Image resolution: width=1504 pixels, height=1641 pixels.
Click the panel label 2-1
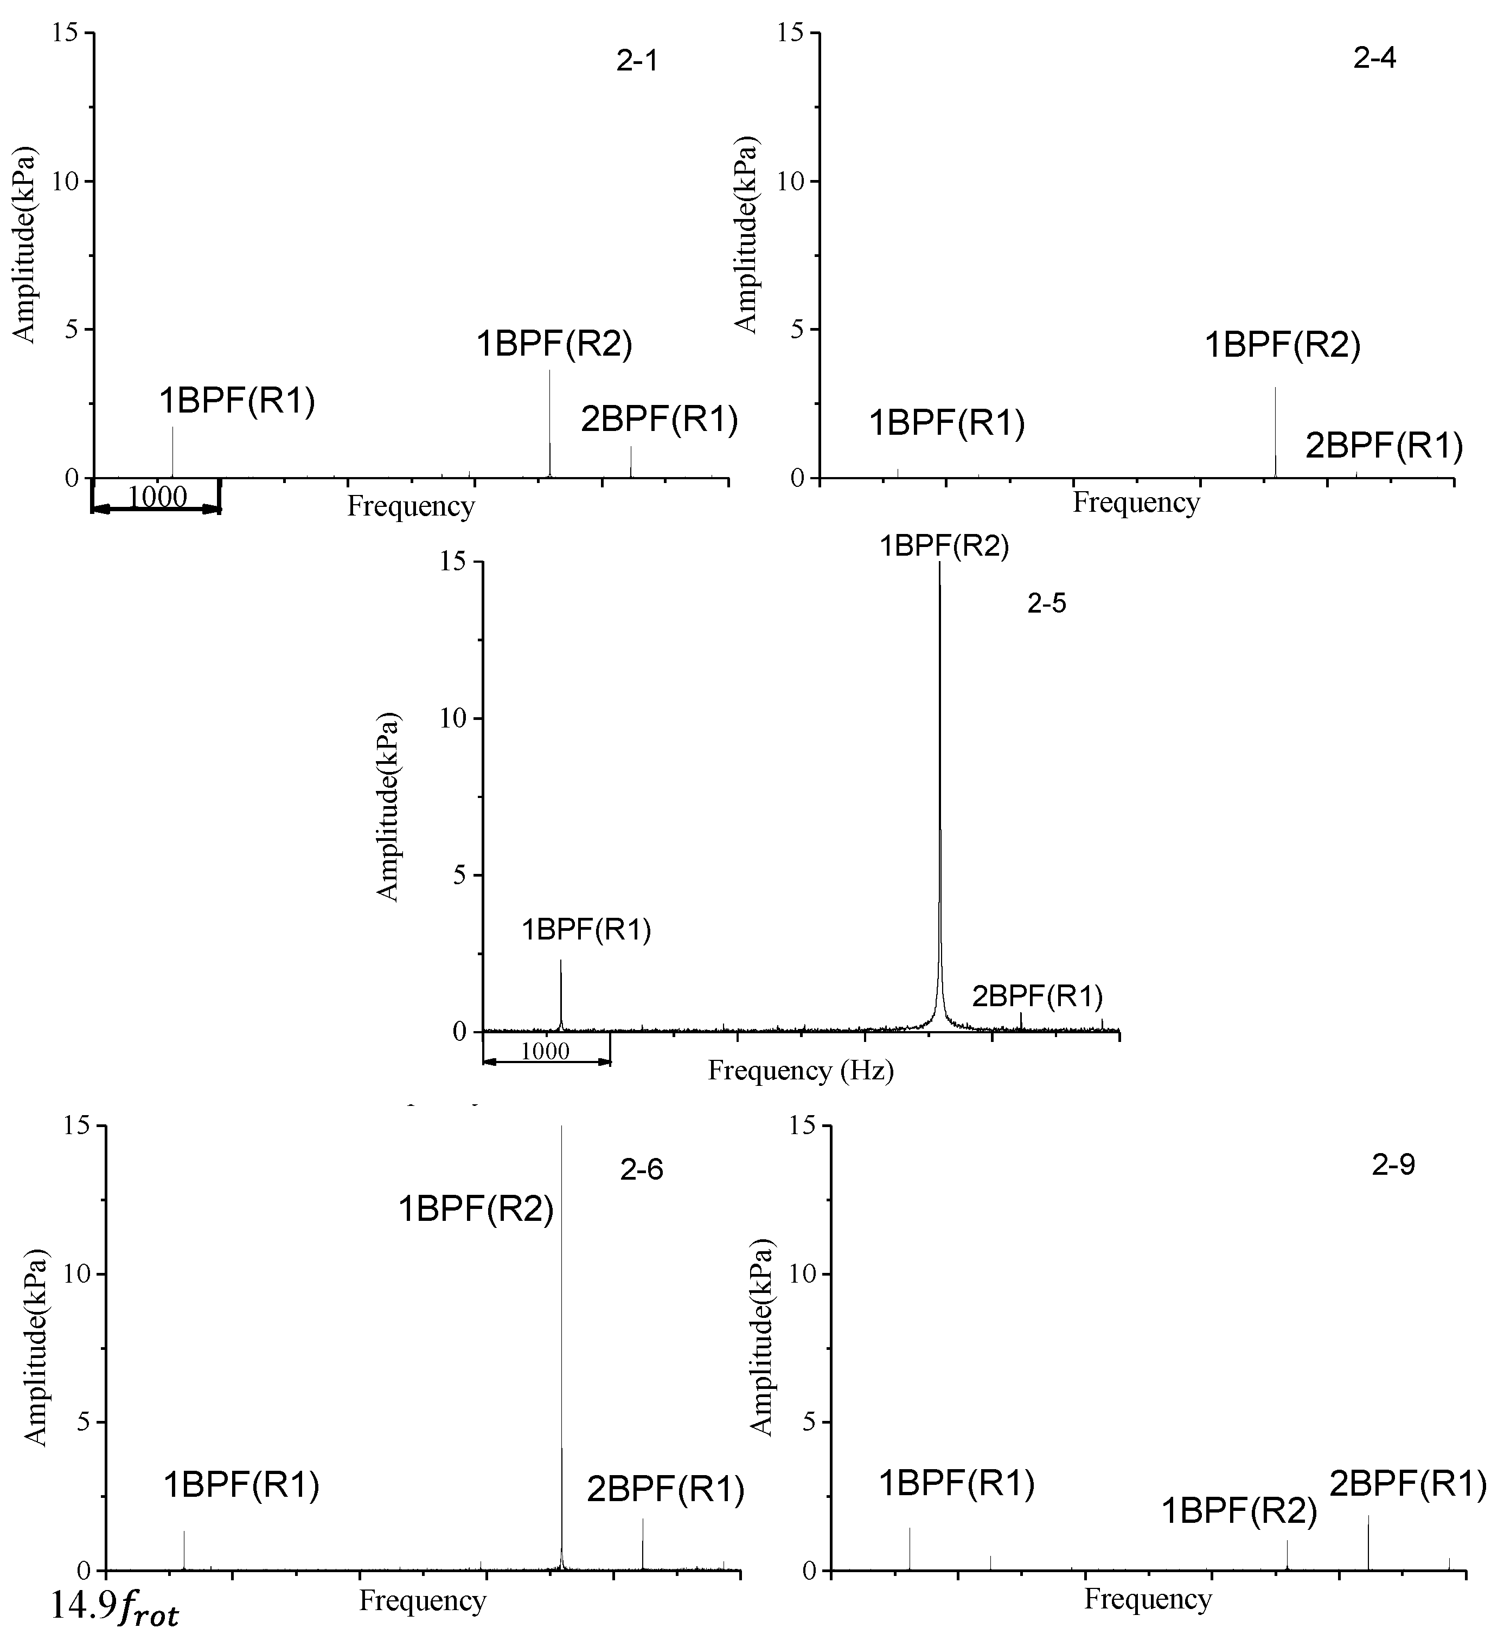click(x=637, y=62)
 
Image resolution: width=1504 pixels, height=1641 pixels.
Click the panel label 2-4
click(x=1374, y=59)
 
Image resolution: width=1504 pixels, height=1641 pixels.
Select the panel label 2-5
click(x=1046, y=603)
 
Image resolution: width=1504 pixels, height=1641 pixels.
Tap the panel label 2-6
click(x=642, y=1170)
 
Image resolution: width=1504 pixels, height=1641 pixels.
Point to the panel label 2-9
click(x=1393, y=1165)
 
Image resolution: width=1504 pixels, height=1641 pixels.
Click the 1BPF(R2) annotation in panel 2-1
click(x=554, y=344)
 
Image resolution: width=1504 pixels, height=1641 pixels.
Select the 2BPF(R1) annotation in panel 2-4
click(x=1384, y=446)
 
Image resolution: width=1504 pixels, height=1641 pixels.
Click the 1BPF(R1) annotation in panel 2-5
click(x=586, y=930)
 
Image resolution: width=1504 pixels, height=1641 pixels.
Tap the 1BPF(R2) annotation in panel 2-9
click(x=1239, y=1511)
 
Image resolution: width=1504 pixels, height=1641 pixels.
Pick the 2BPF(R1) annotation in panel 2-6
click(x=665, y=1490)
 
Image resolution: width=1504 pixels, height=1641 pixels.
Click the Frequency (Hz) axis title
click(x=801, y=1070)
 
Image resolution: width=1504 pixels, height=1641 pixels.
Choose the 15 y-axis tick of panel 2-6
click(x=80, y=1127)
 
